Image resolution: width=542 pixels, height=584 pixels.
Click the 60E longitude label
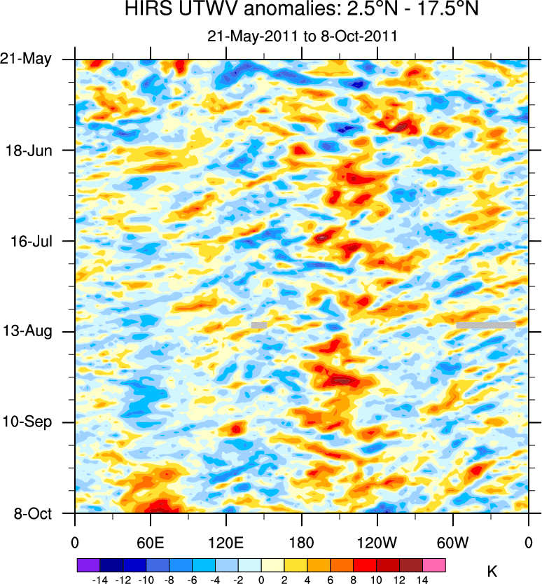pyautogui.click(x=150, y=542)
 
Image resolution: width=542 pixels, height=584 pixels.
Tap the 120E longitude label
pyautogui.click(x=225, y=542)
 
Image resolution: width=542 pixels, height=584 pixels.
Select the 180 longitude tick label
pyautogui.click(x=301, y=542)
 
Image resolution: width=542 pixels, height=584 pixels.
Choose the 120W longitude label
pyautogui.click(x=377, y=542)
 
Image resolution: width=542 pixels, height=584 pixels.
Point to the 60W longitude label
pyautogui.click(x=452, y=542)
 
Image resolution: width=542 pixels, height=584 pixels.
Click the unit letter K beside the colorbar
pyautogui.click(x=492, y=572)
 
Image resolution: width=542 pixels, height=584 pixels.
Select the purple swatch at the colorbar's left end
pyautogui.click(x=88, y=564)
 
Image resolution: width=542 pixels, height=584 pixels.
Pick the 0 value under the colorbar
pyautogui.click(x=261, y=580)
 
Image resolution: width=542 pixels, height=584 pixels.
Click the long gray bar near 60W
pyautogui.click(x=486, y=325)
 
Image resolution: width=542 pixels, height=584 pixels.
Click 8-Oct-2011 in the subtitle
pyautogui.click(x=363, y=36)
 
